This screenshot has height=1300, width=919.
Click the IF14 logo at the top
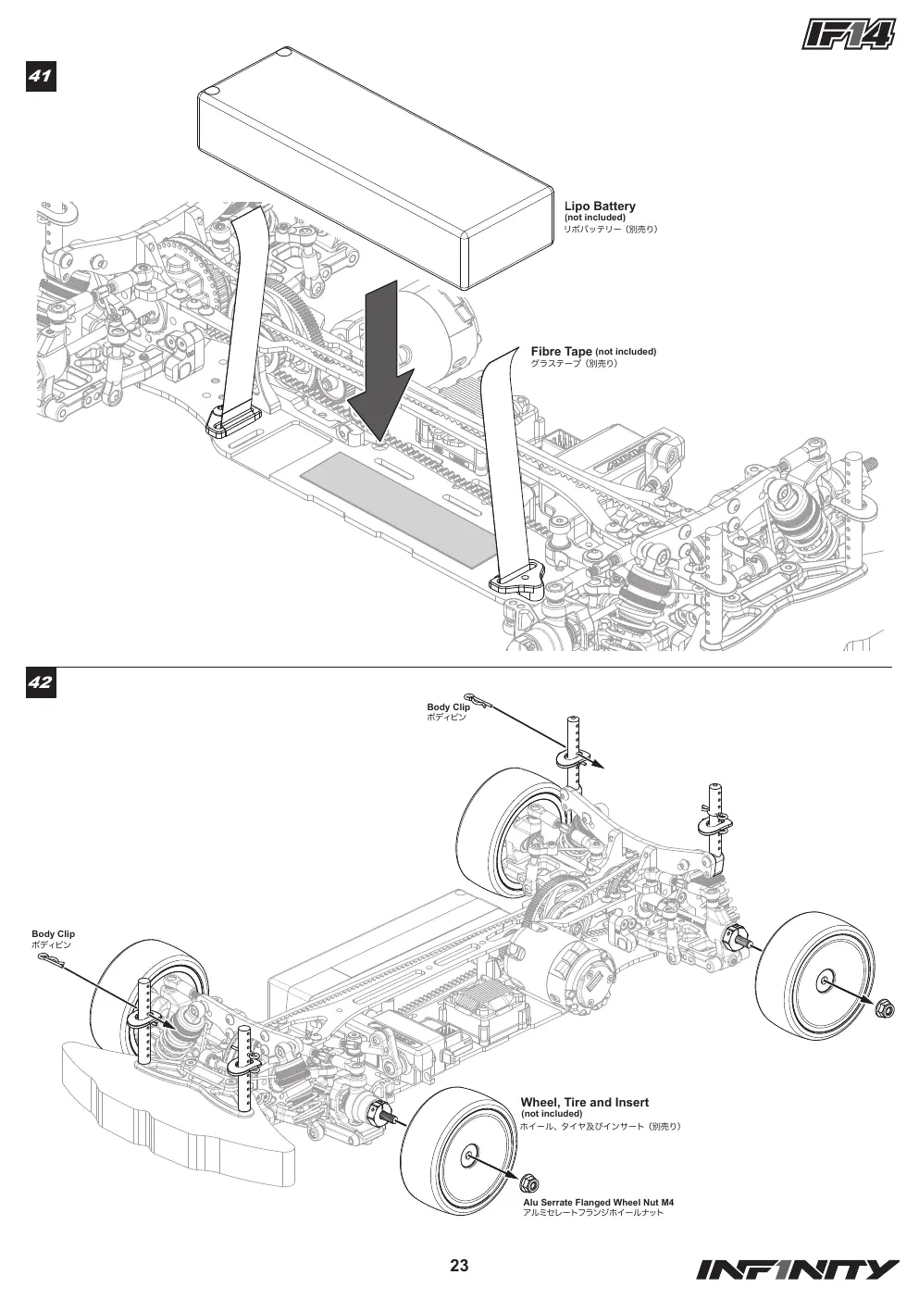(x=849, y=34)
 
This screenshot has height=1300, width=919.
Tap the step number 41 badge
(x=41, y=75)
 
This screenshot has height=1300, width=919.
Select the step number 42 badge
(x=41, y=681)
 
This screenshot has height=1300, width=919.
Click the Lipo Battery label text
(x=600, y=206)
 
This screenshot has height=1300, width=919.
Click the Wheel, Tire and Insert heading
(x=584, y=1103)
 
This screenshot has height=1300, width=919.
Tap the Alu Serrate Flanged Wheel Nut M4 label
(x=598, y=1203)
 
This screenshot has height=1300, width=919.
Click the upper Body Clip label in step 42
(x=449, y=706)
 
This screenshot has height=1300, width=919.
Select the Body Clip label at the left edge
(x=54, y=933)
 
